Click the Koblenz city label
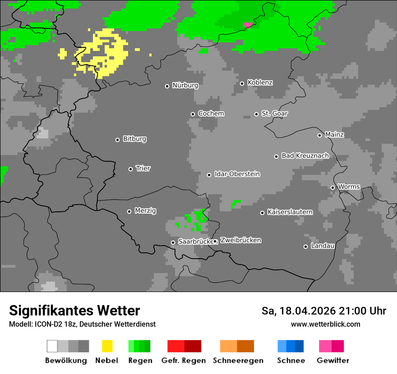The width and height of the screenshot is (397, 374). click(260, 83)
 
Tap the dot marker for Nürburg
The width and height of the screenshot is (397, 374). click(167, 86)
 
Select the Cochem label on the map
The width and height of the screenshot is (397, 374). click(211, 114)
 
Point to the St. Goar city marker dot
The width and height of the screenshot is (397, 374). click(256, 114)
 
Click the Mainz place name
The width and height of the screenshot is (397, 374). click(334, 135)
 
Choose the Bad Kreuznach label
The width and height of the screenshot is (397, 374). click(305, 156)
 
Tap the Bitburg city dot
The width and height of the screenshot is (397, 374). click(117, 140)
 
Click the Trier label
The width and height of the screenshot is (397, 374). click(143, 169)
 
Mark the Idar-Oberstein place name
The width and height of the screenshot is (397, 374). click(237, 174)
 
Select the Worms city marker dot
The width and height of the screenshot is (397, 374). click(332, 187)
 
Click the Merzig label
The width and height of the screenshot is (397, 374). click(145, 211)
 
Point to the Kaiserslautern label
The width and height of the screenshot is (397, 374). click(290, 212)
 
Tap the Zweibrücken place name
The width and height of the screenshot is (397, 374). click(240, 241)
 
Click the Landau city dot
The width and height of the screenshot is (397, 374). click(305, 246)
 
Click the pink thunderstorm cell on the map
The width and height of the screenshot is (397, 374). click(248, 25)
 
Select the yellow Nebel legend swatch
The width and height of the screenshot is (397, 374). click(107, 346)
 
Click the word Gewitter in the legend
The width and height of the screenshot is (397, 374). click(333, 360)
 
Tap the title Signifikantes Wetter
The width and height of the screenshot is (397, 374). click(74, 310)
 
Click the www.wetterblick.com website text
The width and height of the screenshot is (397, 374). click(325, 324)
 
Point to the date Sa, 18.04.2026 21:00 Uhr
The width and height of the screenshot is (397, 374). click(323, 311)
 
